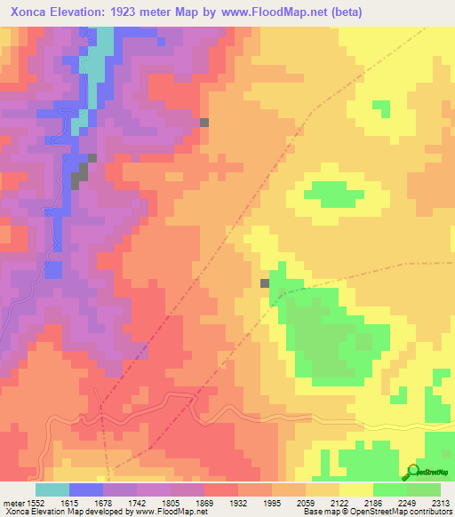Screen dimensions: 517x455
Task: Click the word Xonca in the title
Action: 28,11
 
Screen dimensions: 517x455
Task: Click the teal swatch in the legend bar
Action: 52,489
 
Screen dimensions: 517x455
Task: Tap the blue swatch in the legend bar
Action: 85,489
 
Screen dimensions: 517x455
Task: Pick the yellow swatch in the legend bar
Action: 355,489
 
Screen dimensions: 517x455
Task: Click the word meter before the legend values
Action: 12,502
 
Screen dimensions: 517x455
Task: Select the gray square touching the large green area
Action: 265,283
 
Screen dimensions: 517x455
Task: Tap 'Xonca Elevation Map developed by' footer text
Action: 62,512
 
